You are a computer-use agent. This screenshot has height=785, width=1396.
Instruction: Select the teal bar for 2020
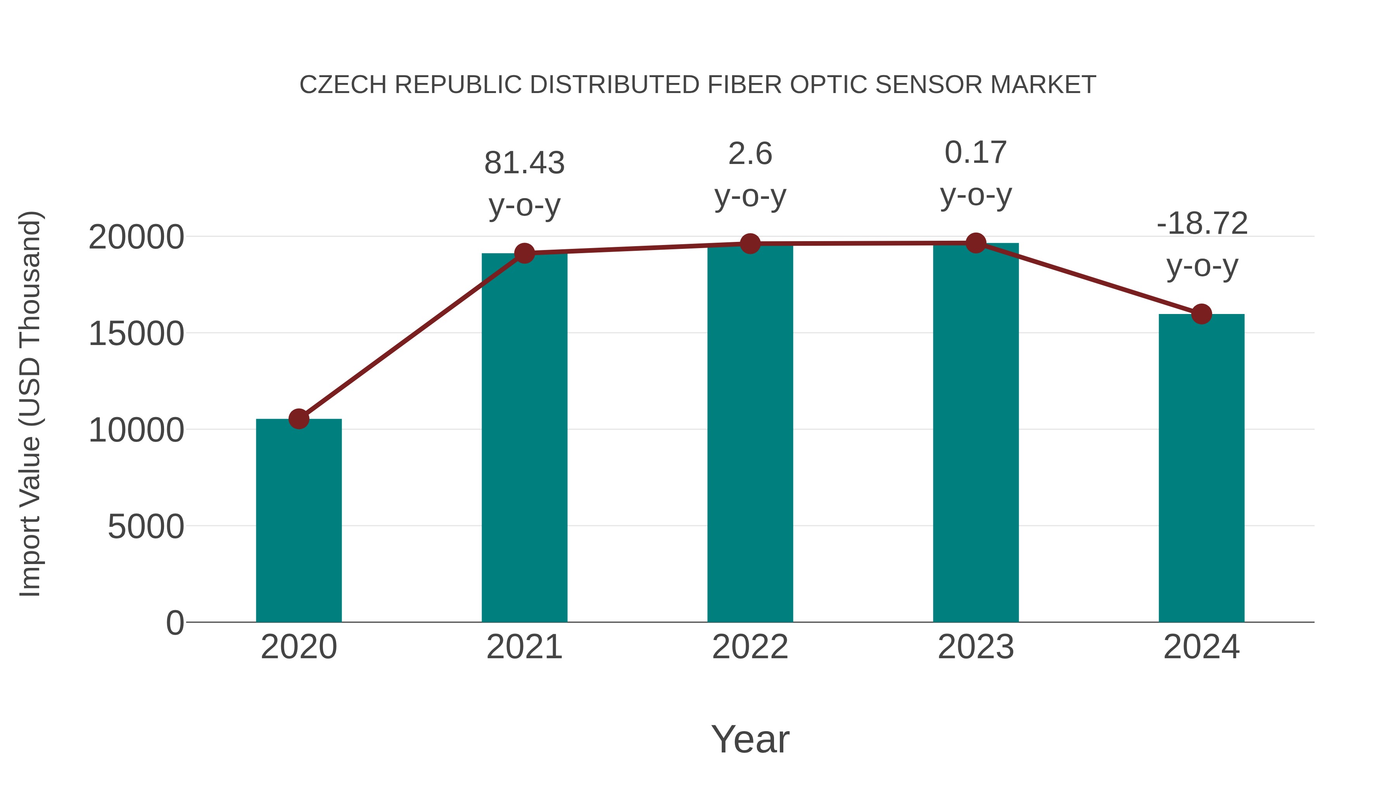point(299,520)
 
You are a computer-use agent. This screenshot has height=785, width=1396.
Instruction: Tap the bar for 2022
point(750,433)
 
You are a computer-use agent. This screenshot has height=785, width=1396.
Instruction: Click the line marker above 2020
point(299,419)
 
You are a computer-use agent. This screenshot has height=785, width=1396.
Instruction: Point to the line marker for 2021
point(524,253)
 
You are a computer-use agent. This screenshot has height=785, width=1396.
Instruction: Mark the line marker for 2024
point(1201,314)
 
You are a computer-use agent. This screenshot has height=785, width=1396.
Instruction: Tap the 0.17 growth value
point(976,152)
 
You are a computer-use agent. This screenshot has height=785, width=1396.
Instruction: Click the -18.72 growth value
point(1201,223)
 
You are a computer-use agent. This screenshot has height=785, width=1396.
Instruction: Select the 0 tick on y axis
point(175,623)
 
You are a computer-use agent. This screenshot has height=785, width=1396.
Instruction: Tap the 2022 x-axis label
point(750,647)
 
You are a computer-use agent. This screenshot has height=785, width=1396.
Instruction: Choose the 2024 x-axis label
point(1201,647)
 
